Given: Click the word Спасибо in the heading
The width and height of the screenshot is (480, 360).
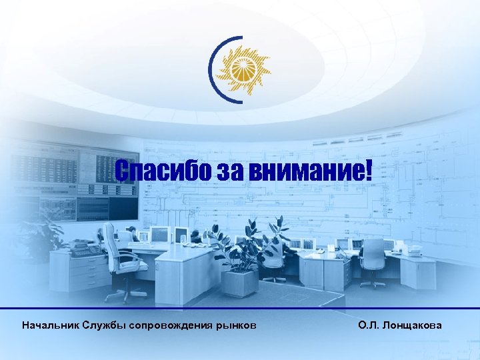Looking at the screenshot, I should click(163, 173).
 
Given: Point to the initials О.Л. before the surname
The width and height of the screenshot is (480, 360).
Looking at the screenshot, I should click(369, 326).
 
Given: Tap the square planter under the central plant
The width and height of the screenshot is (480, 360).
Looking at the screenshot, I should click(239, 282).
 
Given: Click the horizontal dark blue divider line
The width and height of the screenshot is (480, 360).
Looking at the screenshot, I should click(240, 309).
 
